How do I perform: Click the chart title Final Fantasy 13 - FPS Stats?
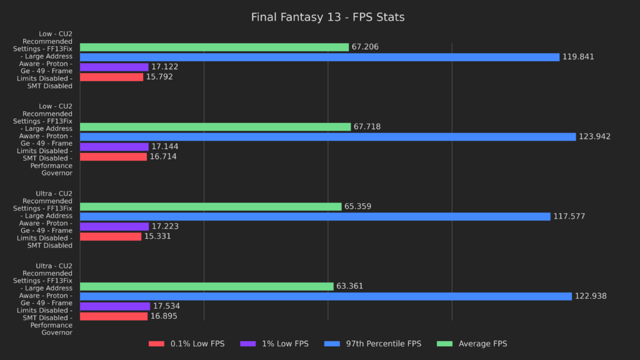click(327, 17)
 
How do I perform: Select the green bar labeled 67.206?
click(214, 47)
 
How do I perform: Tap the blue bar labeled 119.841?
click(319, 57)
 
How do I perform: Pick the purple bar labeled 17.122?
click(114, 67)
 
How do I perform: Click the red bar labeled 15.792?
click(111, 77)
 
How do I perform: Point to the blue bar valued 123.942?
click(327, 137)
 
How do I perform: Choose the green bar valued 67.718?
click(215, 127)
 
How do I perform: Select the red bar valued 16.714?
click(113, 157)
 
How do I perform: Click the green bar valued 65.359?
click(211, 206)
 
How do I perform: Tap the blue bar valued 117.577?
click(315, 216)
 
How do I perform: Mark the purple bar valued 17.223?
click(114, 226)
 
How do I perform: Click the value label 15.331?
click(157, 236)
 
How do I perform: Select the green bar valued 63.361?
click(206, 286)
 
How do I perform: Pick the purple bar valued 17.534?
click(115, 306)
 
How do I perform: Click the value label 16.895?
click(163, 316)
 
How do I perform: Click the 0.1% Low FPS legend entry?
click(186, 344)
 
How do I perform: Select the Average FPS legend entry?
click(474, 344)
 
